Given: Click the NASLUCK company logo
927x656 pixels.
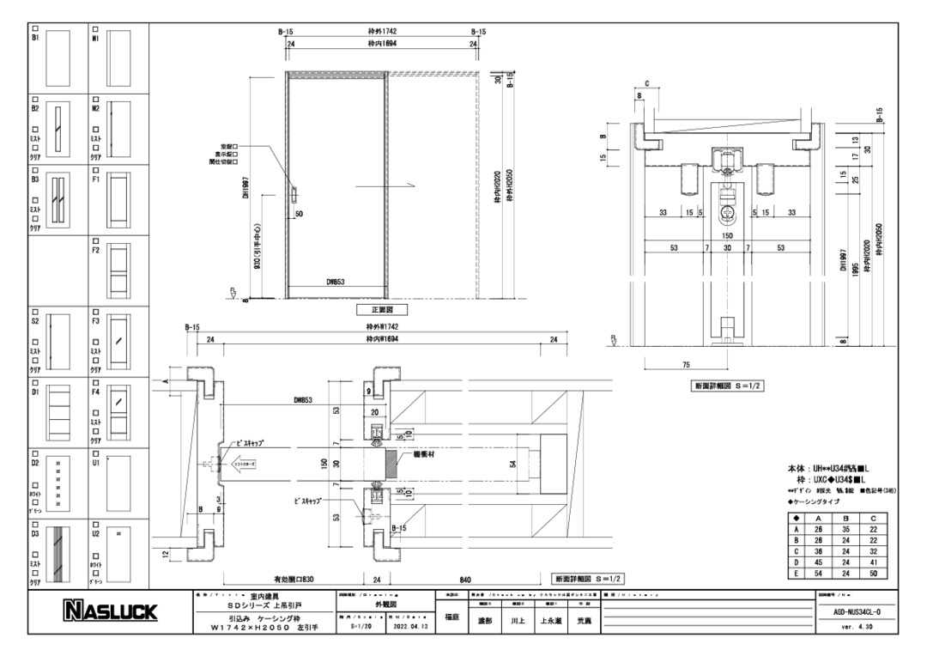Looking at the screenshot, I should pos(107,611).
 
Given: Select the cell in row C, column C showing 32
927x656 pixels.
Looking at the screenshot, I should pos(872,550).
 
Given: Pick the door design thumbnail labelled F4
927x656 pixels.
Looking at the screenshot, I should pos(118,407).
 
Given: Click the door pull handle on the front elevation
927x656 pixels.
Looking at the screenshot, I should pos(293,194).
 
